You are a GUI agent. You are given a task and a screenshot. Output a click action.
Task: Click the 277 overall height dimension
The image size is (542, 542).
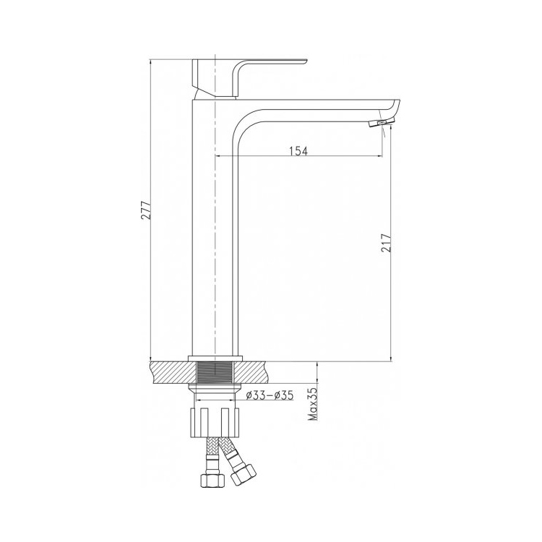coord(147,210)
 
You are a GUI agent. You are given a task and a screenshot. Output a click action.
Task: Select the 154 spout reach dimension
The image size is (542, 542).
coord(298,151)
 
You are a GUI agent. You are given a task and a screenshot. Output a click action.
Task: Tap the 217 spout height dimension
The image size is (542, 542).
coord(387,243)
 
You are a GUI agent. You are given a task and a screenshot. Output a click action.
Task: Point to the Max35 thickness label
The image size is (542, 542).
coord(313,403)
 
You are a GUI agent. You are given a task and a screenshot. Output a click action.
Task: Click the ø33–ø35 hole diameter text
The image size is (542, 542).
coord(270,395)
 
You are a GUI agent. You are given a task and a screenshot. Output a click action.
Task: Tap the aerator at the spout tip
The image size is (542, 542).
coord(381,123)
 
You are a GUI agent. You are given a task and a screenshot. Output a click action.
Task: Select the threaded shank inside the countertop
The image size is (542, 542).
coord(215,372)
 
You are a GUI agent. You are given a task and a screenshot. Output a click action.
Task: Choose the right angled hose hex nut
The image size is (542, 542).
coord(244,473)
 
